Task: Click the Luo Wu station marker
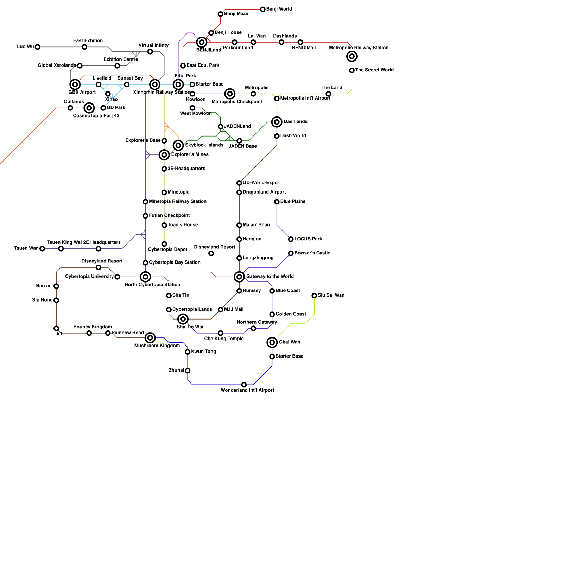point(38,47)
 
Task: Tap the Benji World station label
point(279,9)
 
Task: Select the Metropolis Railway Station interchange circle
point(352,56)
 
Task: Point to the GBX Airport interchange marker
point(75,84)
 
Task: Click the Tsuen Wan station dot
point(42,249)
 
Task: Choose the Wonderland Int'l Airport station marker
point(244,385)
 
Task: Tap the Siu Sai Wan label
point(331,295)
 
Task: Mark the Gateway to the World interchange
point(239,277)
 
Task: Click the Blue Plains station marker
point(277,202)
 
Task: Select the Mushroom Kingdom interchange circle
point(150,338)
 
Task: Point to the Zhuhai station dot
point(188,371)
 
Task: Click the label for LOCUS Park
point(308,239)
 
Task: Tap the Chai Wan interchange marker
point(272,342)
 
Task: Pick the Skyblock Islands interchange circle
point(178,145)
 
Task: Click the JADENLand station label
point(237,126)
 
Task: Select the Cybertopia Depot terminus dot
point(164,244)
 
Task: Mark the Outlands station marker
point(70,108)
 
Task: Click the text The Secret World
point(374,70)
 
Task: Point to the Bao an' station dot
point(56,286)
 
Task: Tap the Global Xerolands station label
point(57,65)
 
